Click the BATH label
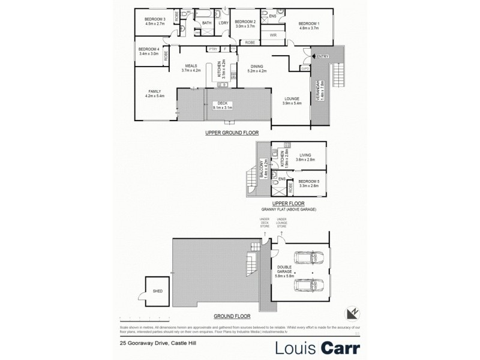(x=206, y=23)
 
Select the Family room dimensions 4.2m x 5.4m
(x=155, y=95)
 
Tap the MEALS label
(x=191, y=66)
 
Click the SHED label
(x=158, y=290)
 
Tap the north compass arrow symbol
(x=353, y=312)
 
